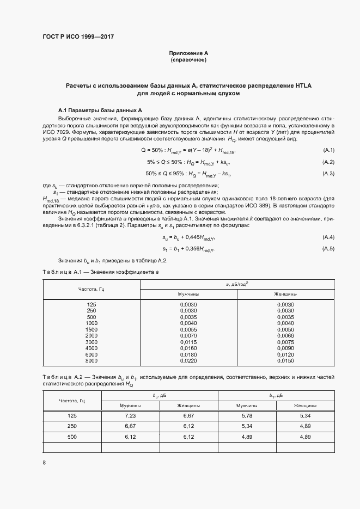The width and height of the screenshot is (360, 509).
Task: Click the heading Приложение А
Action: pyautogui.click(x=188, y=53)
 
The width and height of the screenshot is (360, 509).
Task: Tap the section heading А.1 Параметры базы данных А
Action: pyautogui.click(x=100, y=109)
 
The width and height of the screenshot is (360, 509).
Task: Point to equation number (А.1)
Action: pyautogui.click(x=328, y=150)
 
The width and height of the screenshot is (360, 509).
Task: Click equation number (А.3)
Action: pyautogui.click(x=328, y=174)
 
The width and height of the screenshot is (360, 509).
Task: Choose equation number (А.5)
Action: pyautogui.click(x=328, y=234)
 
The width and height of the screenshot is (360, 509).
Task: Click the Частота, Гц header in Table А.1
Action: pyautogui.click(x=91, y=289)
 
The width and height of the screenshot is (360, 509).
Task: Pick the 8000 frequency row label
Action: pyautogui.click(x=91, y=360)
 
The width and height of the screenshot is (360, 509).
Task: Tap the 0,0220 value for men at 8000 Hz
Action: pyautogui.click(x=188, y=360)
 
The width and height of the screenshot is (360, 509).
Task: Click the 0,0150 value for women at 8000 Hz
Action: pyautogui.click(x=285, y=360)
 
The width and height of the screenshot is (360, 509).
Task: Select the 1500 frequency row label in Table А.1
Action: pyautogui.click(x=91, y=330)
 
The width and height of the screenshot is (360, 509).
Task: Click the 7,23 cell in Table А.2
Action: pyautogui.click(x=130, y=416)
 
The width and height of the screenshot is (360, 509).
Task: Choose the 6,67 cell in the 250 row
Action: pyautogui.click(x=130, y=426)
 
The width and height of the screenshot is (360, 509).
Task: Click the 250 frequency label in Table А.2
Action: pyautogui.click(x=72, y=426)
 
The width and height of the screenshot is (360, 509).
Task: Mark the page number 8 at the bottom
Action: pyautogui.click(x=44, y=463)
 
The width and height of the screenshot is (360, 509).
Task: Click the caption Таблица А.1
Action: pyautogui.click(x=62, y=271)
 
